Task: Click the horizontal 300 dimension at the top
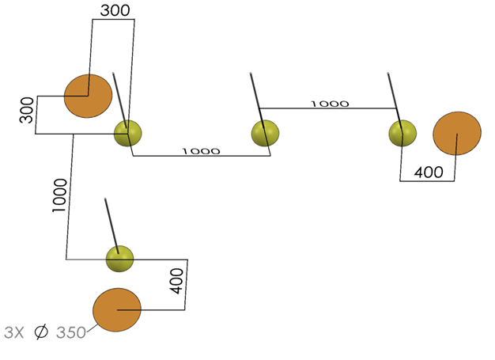click(x=115, y=10)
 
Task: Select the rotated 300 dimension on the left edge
click(x=27, y=110)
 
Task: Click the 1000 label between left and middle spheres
click(x=202, y=150)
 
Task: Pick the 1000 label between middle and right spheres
click(x=329, y=104)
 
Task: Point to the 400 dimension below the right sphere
click(x=429, y=172)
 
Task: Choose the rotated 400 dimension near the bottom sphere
click(x=177, y=280)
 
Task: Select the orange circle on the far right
click(x=457, y=133)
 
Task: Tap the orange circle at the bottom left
click(x=117, y=310)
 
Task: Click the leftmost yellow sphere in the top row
click(x=127, y=134)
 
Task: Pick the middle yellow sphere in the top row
click(x=266, y=133)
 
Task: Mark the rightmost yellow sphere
click(x=402, y=133)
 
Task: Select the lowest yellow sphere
click(x=119, y=258)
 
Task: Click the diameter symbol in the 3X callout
click(x=41, y=333)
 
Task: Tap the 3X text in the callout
click(x=15, y=333)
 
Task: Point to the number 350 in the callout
click(x=71, y=333)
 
